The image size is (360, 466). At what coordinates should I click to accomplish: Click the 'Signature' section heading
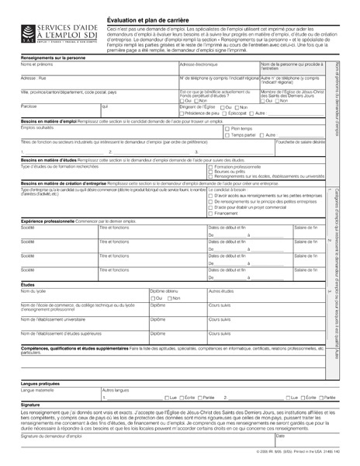(x=30, y=405)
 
